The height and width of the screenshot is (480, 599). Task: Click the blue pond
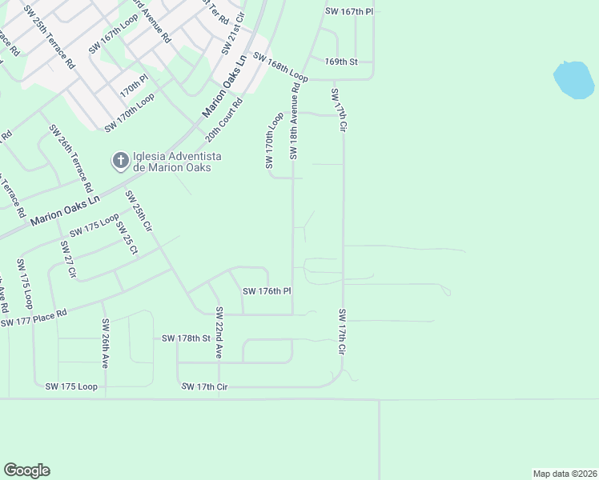(573, 79)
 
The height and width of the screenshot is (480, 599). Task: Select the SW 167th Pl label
(350, 10)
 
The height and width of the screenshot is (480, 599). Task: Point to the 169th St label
(340, 62)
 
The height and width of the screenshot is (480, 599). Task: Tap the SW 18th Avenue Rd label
(295, 121)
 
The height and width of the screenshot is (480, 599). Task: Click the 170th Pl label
(135, 86)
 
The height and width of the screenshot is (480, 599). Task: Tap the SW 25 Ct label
(127, 238)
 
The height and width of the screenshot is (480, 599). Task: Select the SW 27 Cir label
(67, 258)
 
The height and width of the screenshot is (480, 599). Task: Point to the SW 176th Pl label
(266, 291)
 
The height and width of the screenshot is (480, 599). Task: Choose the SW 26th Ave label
(105, 343)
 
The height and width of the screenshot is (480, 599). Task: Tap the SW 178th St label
(185, 338)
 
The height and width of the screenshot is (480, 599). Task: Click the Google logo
(26, 470)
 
